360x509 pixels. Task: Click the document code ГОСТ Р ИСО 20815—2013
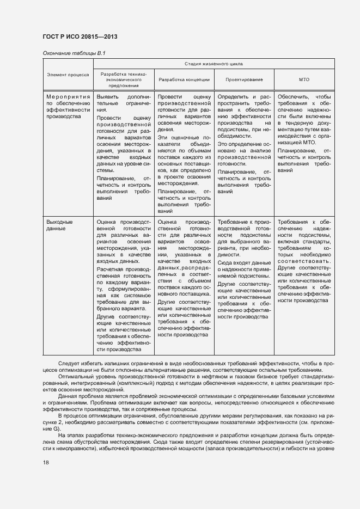click(80, 37)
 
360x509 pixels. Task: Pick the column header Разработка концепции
click(184, 79)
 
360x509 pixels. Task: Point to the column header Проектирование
click(244, 79)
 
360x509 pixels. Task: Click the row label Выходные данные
click(59, 225)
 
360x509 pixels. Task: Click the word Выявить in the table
click(107, 96)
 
